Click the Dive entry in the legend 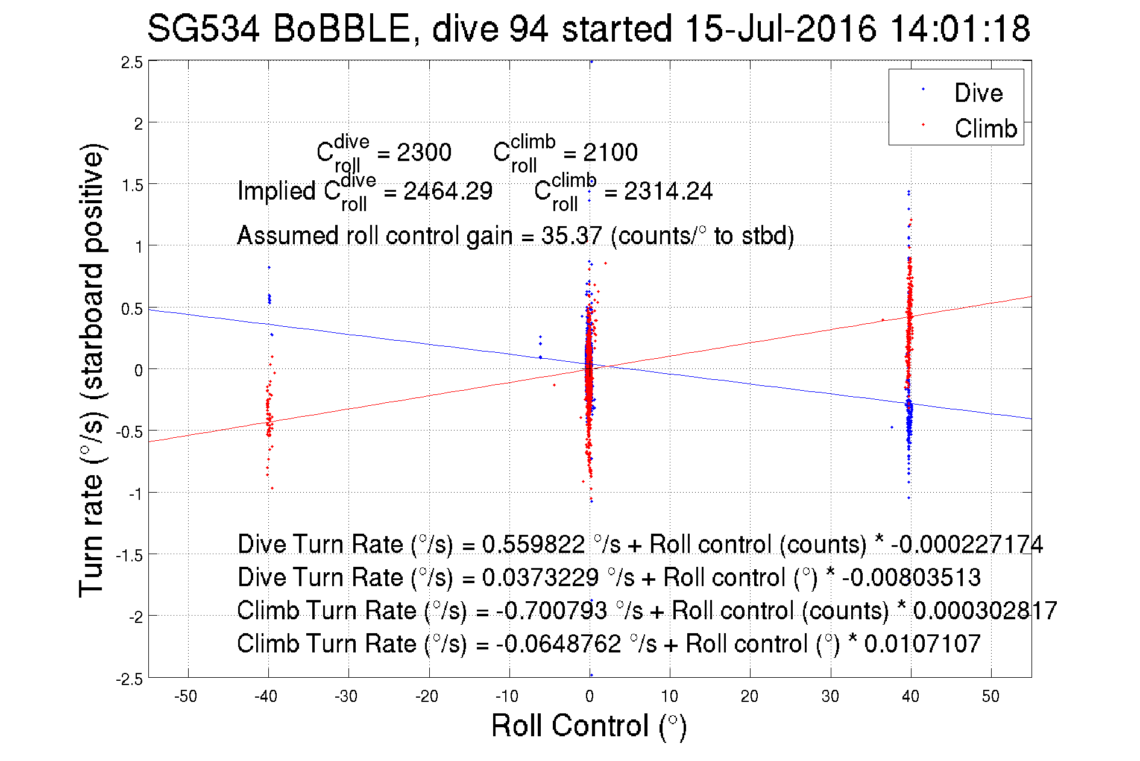tap(978, 93)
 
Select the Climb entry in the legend tap(985, 128)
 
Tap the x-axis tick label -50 tap(186, 696)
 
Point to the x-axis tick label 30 tap(830, 696)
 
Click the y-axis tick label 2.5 tap(132, 63)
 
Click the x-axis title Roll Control tap(588, 725)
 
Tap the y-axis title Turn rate tap(92, 370)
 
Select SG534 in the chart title tap(203, 28)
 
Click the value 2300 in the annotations tap(424, 153)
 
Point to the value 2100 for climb tap(610, 153)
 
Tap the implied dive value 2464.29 tap(448, 192)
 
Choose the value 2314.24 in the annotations tap(668, 192)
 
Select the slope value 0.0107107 tap(922, 644)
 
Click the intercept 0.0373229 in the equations tap(540, 578)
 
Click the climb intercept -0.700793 tap(551, 611)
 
